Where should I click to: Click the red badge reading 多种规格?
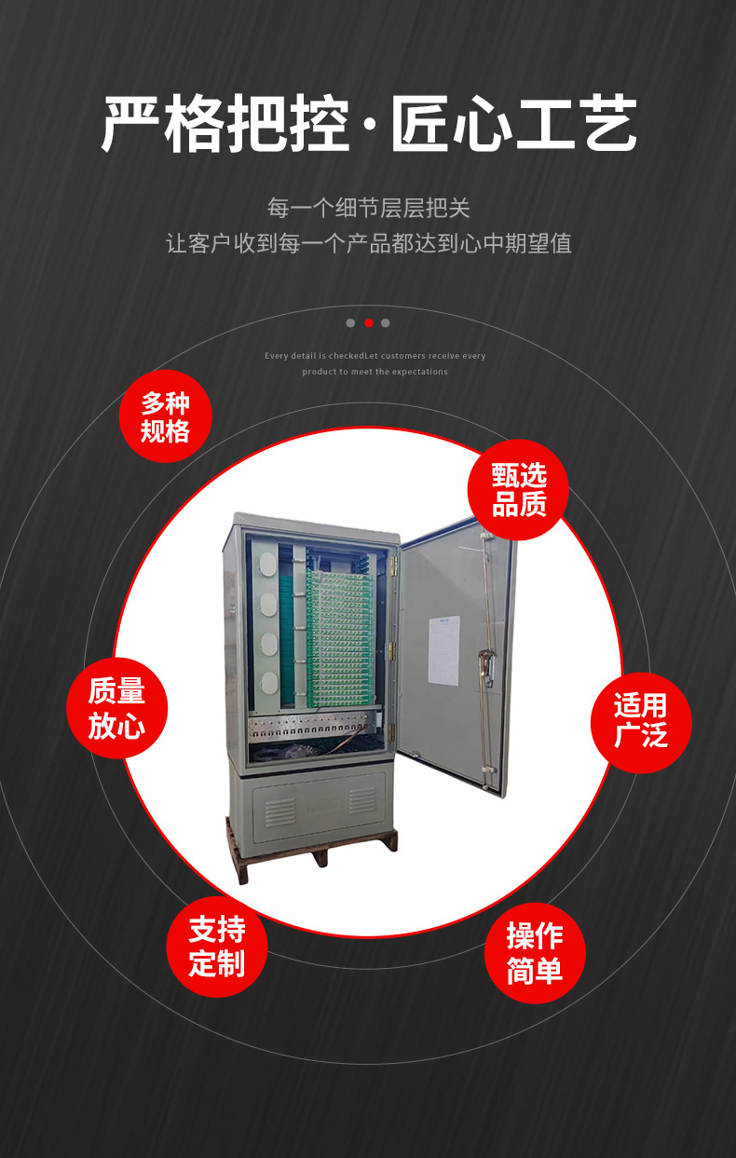(x=166, y=416)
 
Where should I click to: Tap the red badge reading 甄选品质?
(x=519, y=490)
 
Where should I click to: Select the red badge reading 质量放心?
(x=116, y=708)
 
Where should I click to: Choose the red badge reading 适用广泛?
(x=641, y=719)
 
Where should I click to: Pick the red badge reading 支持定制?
(x=217, y=946)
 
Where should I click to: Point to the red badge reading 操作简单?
(x=535, y=953)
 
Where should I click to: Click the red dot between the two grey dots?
(x=368, y=323)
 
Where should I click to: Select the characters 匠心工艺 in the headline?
(x=514, y=124)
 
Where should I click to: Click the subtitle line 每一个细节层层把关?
(x=368, y=207)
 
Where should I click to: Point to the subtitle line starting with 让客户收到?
(x=368, y=244)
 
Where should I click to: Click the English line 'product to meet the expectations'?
(x=375, y=372)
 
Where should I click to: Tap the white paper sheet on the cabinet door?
(x=444, y=649)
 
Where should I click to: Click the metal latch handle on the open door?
(x=486, y=664)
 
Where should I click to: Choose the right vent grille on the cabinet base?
(x=361, y=800)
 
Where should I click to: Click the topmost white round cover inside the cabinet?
(x=266, y=564)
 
